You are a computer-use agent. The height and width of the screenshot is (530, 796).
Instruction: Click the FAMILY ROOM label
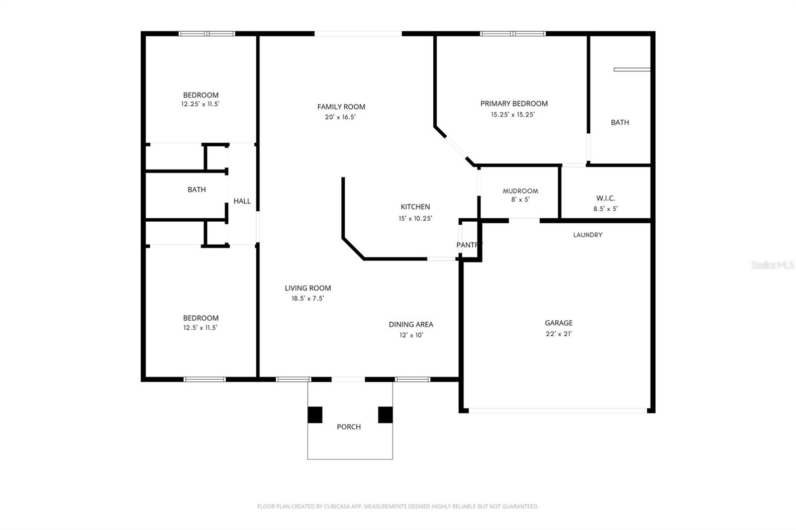(341, 106)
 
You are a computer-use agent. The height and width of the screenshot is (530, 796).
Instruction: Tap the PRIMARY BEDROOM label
(514, 103)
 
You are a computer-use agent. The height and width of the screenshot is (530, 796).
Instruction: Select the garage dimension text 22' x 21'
(559, 334)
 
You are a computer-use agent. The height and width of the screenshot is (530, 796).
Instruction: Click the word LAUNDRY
(588, 235)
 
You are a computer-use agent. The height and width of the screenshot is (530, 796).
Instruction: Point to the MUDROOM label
(520, 191)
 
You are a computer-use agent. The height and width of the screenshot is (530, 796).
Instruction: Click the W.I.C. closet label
(605, 198)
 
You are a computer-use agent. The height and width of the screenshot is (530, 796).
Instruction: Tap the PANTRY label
(469, 245)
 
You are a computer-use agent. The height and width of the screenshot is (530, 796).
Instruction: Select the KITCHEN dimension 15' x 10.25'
(415, 218)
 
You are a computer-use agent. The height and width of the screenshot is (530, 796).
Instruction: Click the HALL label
(242, 201)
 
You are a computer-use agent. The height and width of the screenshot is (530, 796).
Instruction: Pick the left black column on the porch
(315, 415)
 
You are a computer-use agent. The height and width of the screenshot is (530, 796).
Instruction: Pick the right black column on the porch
(385, 415)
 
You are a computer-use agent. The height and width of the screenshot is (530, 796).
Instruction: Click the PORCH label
(349, 427)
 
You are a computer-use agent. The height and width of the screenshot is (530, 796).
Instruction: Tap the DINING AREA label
(411, 324)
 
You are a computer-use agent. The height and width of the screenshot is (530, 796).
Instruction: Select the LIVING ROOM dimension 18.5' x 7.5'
(307, 298)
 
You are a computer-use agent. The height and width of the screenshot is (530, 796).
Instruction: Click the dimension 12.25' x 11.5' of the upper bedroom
(200, 104)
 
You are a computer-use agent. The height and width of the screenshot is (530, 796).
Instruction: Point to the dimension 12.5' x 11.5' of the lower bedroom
(200, 328)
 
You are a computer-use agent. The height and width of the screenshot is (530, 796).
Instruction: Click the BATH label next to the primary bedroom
(620, 122)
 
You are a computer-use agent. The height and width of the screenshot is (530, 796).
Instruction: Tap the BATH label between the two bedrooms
(197, 189)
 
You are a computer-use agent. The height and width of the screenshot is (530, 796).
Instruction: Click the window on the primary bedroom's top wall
(512, 34)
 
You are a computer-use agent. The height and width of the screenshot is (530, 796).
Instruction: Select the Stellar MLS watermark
(772, 265)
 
